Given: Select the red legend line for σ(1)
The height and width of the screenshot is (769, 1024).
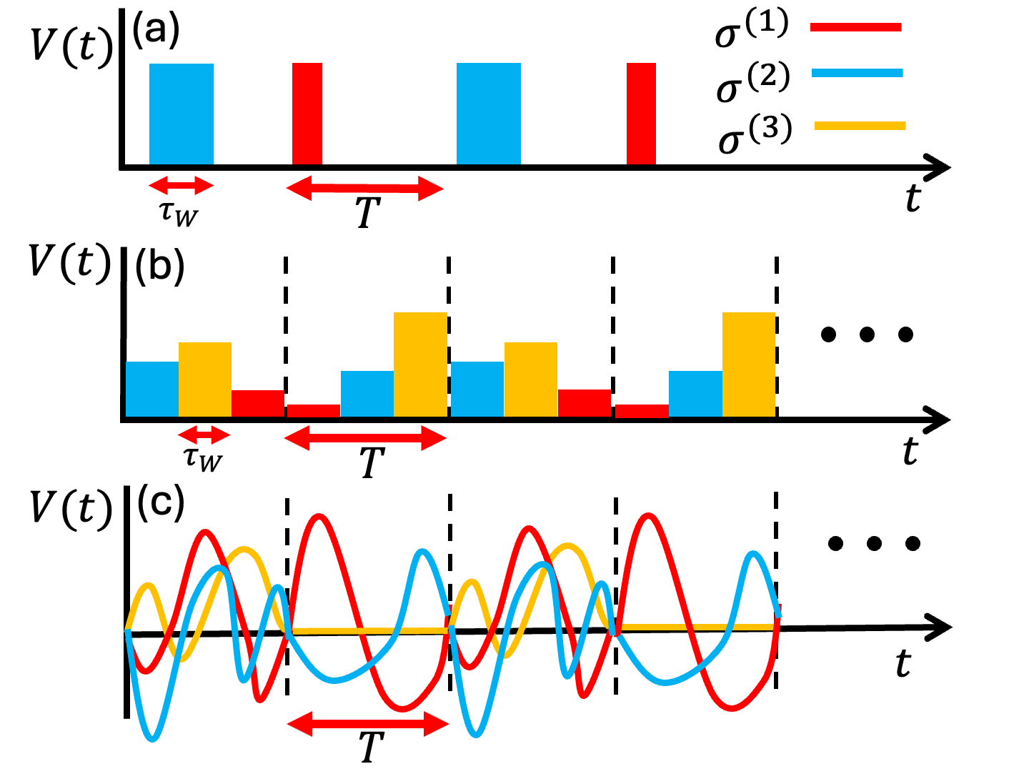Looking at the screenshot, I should coord(855,27).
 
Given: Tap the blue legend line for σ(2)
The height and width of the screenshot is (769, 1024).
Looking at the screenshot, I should coord(857,73).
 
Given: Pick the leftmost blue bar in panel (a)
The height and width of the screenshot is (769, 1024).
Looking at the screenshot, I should coord(182,114).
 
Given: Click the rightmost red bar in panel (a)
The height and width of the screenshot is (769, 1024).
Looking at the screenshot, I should coord(641,114).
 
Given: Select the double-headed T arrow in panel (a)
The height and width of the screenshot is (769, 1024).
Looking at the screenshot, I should coord(364,189).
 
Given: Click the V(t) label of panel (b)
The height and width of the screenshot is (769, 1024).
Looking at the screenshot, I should coord(70,262).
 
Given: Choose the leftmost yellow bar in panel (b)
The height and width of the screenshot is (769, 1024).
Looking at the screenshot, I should coord(205,379).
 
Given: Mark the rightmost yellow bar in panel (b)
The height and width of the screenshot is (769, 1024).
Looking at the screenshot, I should coord(749,364).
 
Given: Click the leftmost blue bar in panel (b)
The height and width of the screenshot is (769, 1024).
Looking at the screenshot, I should coord(152,389).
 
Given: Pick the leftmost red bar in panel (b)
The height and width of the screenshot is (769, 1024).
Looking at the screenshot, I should coord(258,403).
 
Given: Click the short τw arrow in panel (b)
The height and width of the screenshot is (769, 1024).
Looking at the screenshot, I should coord(204,435).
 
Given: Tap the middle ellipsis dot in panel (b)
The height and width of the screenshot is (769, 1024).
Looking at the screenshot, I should coord(867,334).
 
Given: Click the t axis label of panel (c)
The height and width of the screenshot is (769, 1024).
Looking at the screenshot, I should coord(903,664).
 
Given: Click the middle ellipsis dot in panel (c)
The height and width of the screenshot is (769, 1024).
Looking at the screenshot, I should coord(874,544).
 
